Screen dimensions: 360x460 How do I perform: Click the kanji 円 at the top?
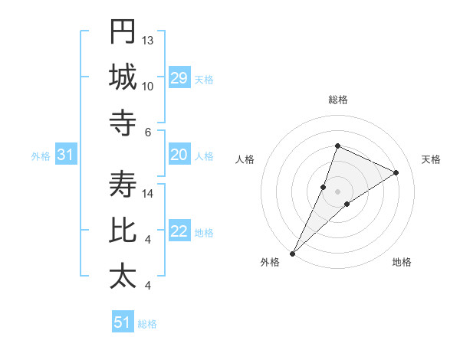[123, 31]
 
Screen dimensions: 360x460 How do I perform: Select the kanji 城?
[123, 77]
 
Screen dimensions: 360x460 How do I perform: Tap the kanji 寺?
[123, 123]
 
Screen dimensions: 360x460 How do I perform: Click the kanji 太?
[123, 276]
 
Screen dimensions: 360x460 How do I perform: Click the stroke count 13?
[148, 40]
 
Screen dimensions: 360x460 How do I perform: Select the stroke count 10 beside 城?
[148, 86]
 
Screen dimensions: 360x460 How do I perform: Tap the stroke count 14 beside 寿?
[148, 194]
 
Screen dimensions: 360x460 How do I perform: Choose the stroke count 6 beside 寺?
[148, 132]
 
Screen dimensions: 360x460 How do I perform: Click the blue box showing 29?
[179, 78]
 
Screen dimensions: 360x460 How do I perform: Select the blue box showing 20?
[179, 155]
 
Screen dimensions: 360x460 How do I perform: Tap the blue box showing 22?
[179, 232]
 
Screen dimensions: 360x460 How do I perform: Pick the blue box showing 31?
[66, 155]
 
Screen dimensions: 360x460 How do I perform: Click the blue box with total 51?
[123, 322]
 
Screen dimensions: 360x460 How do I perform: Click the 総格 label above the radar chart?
[337, 100]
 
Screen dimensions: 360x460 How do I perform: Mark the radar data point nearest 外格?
[293, 253]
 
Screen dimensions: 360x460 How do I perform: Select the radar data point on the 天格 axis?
[396, 173]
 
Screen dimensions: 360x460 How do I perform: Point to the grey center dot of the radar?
[337, 191]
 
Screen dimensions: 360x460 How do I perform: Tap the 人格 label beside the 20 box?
[204, 156]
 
